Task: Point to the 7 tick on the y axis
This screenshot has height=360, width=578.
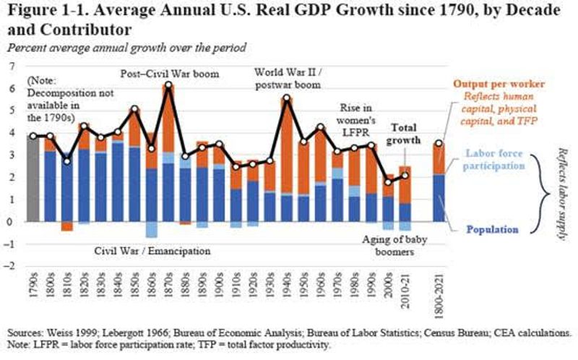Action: (12, 66)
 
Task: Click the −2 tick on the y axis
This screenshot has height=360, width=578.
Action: (10, 266)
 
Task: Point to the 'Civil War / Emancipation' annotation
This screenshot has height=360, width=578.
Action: (152, 252)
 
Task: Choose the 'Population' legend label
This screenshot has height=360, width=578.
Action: (492, 229)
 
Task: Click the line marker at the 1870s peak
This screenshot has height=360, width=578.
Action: (168, 85)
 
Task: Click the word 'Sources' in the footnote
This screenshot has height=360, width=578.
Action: (24, 332)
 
